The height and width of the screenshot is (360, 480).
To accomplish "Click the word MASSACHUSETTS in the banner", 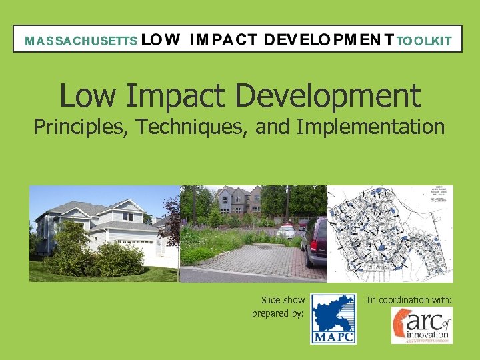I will (81, 41).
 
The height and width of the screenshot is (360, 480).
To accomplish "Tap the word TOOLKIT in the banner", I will (424, 41).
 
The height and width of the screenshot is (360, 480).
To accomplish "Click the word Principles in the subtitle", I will (81, 127).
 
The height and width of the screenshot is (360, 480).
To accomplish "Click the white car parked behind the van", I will (285, 231).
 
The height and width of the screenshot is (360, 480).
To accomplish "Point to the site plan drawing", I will (390, 233).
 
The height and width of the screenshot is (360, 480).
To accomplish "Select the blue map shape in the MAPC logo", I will (332, 313).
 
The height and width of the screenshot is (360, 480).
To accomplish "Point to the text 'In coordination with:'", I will (409, 301).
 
